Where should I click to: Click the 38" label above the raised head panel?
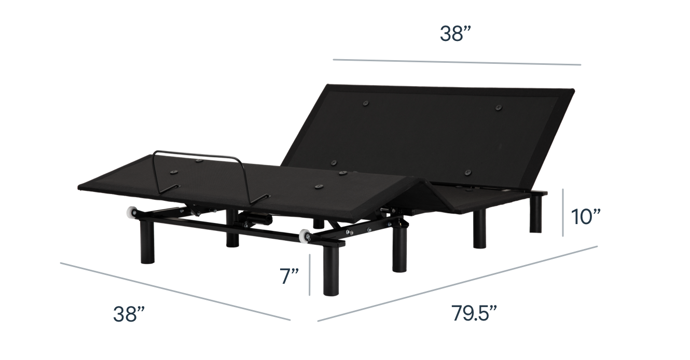tap(456, 34)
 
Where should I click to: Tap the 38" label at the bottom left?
tap(129, 314)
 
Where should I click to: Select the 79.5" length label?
tap(474, 313)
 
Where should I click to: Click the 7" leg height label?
tap(289, 276)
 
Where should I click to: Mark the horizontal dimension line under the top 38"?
tap(457, 62)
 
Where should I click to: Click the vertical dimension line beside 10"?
tap(563, 213)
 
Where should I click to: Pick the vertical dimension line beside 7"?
tap(310, 275)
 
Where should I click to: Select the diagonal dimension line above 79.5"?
tap(458, 284)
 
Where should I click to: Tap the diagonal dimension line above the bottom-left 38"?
tap(175, 292)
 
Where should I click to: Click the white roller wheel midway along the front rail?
tap(305, 236)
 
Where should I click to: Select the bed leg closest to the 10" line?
tap(536, 214)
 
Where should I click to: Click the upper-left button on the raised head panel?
tap(366, 103)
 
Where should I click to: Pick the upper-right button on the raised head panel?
tap(499, 107)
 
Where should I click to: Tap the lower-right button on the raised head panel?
tap(468, 173)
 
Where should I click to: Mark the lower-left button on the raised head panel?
tap(334, 162)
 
